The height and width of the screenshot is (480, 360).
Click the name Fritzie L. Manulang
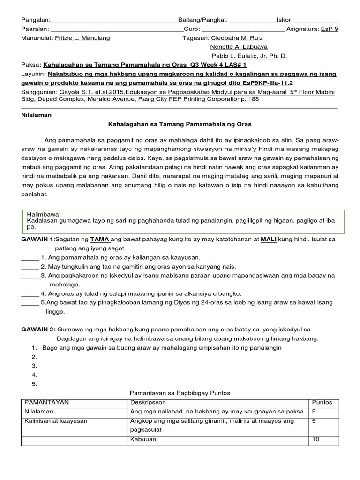tap(82, 38)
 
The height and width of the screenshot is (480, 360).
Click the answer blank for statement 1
tap(30, 257)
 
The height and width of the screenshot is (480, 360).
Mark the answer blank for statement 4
tap(30, 294)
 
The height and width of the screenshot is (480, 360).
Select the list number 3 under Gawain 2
tap(34, 366)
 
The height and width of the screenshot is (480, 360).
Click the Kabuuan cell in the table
tap(144, 440)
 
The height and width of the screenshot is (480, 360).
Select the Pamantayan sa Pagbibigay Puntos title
tap(180, 393)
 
